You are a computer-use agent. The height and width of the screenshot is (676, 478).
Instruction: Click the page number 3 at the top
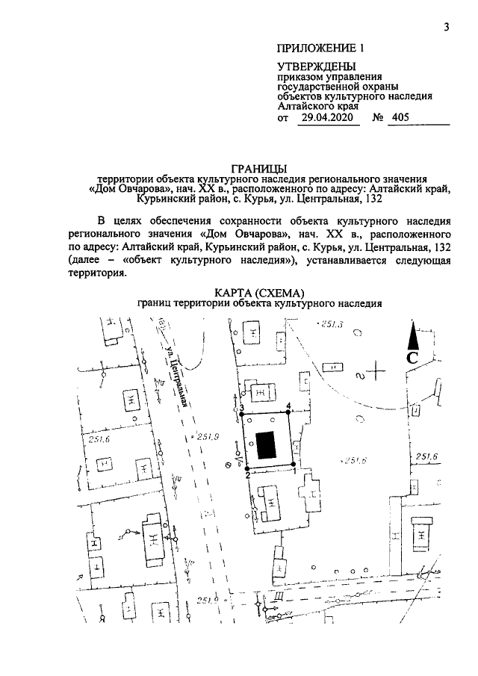click(446, 28)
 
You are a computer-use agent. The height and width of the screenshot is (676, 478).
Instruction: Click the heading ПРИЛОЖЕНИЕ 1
click(320, 49)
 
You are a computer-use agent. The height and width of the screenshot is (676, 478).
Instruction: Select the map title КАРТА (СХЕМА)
click(258, 293)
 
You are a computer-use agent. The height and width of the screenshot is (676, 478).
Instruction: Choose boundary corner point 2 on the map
click(247, 469)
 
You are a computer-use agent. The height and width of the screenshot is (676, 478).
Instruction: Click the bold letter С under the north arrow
click(412, 358)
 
